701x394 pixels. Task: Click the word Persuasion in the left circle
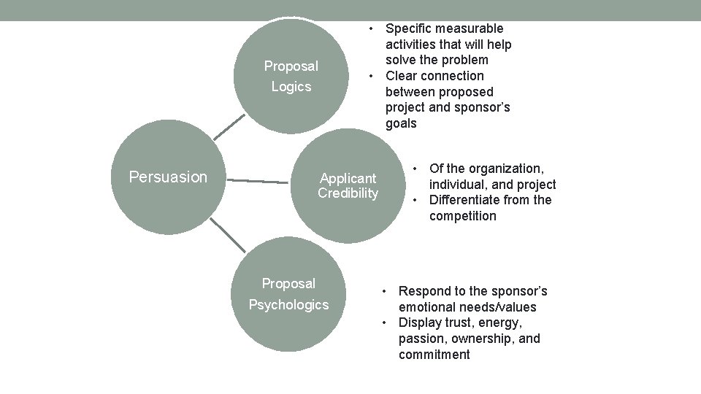(168, 177)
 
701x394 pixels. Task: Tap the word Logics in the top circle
(291, 87)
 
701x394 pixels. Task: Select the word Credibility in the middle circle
(348, 193)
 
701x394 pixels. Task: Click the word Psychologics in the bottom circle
(288, 305)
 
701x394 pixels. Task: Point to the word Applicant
(348, 178)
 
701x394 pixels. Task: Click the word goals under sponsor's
(401, 123)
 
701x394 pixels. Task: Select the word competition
(462, 216)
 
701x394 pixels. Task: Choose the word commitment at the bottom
(434, 355)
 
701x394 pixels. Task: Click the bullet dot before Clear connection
(372, 76)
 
